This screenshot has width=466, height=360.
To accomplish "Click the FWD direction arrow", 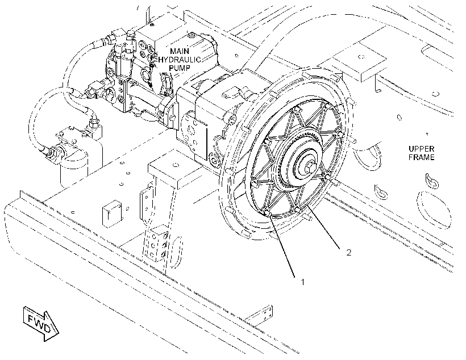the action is point(41,323).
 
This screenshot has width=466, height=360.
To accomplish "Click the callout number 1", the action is point(302,282).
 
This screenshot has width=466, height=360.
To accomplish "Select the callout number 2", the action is point(348,252).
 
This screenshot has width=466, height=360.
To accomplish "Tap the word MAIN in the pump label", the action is point(180,51).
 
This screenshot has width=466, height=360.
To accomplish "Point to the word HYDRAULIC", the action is point(180,60).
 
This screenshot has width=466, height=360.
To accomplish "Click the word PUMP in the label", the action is point(180,68).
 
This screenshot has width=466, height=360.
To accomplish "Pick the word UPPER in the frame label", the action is point(422,149).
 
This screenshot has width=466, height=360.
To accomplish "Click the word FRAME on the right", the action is point(422,157).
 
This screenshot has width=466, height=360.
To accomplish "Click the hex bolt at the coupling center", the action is point(309,169).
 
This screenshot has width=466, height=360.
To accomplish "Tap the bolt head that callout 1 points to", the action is point(267,213).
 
